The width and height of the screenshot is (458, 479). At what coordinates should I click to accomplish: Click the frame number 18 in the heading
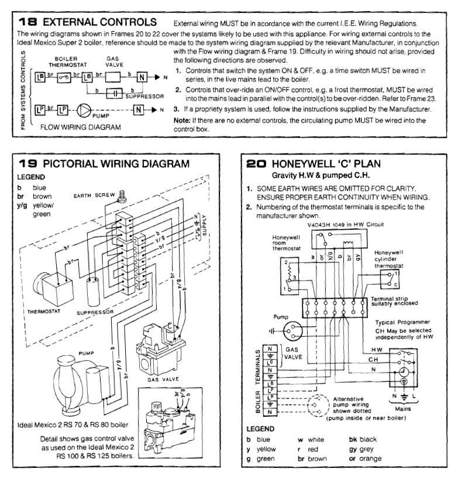[x=27, y=22]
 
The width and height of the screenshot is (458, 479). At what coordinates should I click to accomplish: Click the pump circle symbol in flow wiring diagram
[x=85, y=110]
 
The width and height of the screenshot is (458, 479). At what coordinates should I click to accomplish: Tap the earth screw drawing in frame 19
[x=122, y=197]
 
